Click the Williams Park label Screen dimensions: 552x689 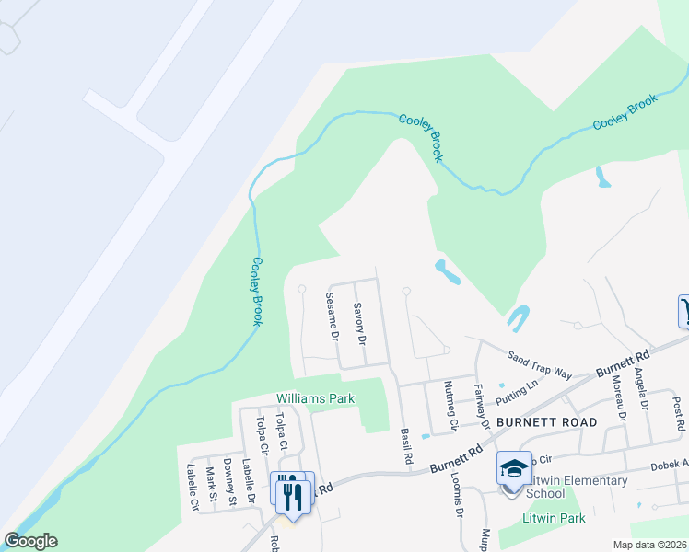(316, 398)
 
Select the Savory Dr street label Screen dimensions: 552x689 (359, 324)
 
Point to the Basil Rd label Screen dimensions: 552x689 (406, 445)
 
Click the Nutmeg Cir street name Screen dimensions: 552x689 (450, 406)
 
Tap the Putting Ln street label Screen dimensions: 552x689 (516, 394)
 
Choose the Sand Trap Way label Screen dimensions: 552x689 (540, 363)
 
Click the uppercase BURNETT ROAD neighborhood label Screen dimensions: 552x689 (546, 422)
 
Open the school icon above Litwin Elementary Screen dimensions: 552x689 (514, 468)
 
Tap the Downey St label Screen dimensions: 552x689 (229, 480)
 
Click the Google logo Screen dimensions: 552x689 (30, 541)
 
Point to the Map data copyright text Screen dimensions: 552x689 (648, 545)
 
